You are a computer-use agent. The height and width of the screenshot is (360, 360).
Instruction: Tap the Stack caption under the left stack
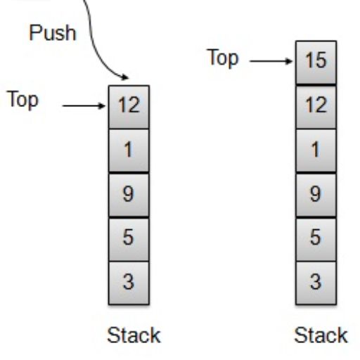(134, 335)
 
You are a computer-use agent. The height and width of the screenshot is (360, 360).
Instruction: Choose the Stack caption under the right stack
(321, 335)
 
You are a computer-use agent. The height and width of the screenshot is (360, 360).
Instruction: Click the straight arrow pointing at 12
(84, 107)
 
